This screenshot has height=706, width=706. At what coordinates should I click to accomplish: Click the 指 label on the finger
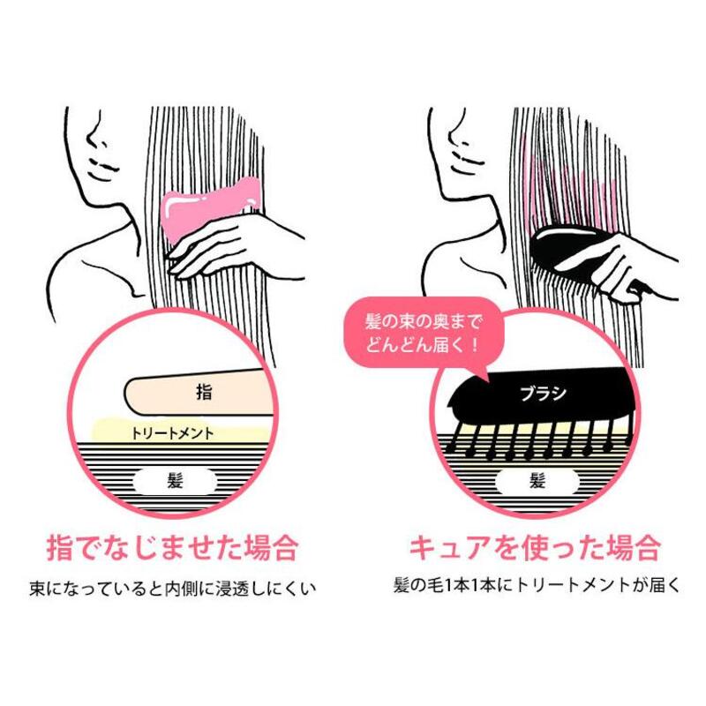click(x=204, y=392)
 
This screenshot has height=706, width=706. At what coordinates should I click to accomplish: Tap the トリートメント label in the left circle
click(x=171, y=433)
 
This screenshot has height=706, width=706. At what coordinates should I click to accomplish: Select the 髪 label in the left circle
click(x=175, y=481)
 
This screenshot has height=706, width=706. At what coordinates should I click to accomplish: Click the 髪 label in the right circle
click(x=537, y=481)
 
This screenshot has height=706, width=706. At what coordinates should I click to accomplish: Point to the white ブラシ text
click(x=544, y=394)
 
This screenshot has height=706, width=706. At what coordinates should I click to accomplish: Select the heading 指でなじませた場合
click(x=172, y=547)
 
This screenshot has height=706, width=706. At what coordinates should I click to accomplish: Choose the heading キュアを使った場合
click(x=535, y=547)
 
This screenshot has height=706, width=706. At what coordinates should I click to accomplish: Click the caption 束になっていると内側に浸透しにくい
click(x=172, y=589)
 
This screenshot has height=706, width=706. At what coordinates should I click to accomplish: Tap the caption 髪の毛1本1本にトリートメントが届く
click(x=536, y=585)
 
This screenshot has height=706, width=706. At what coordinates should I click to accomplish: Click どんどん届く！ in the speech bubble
click(x=422, y=346)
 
